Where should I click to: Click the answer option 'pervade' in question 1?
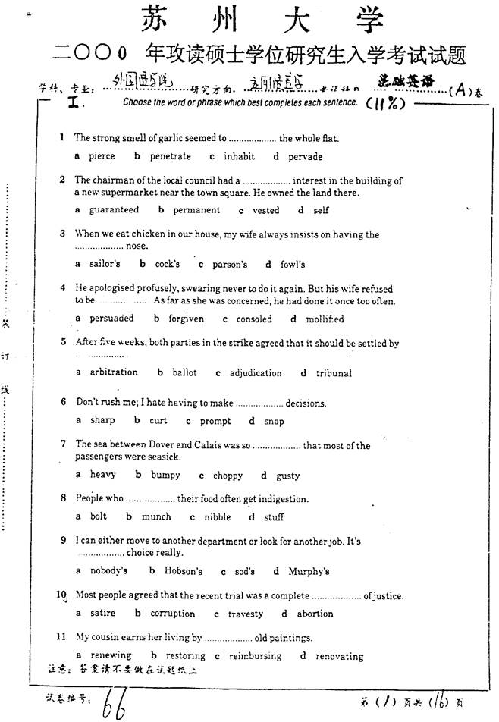point(306,157)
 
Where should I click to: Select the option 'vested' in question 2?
point(265,210)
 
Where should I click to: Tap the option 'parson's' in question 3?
point(231,265)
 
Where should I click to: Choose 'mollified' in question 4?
point(324,319)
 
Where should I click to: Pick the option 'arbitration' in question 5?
point(114,372)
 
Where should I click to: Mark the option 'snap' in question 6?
point(274,421)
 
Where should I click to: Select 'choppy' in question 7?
point(228,476)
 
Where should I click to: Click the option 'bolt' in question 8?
point(99,516)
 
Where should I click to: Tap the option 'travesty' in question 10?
point(246,614)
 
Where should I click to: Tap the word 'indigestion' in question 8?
point(284,499)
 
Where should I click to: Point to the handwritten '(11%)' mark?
point(386,103)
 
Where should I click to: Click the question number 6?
point(64,402)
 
